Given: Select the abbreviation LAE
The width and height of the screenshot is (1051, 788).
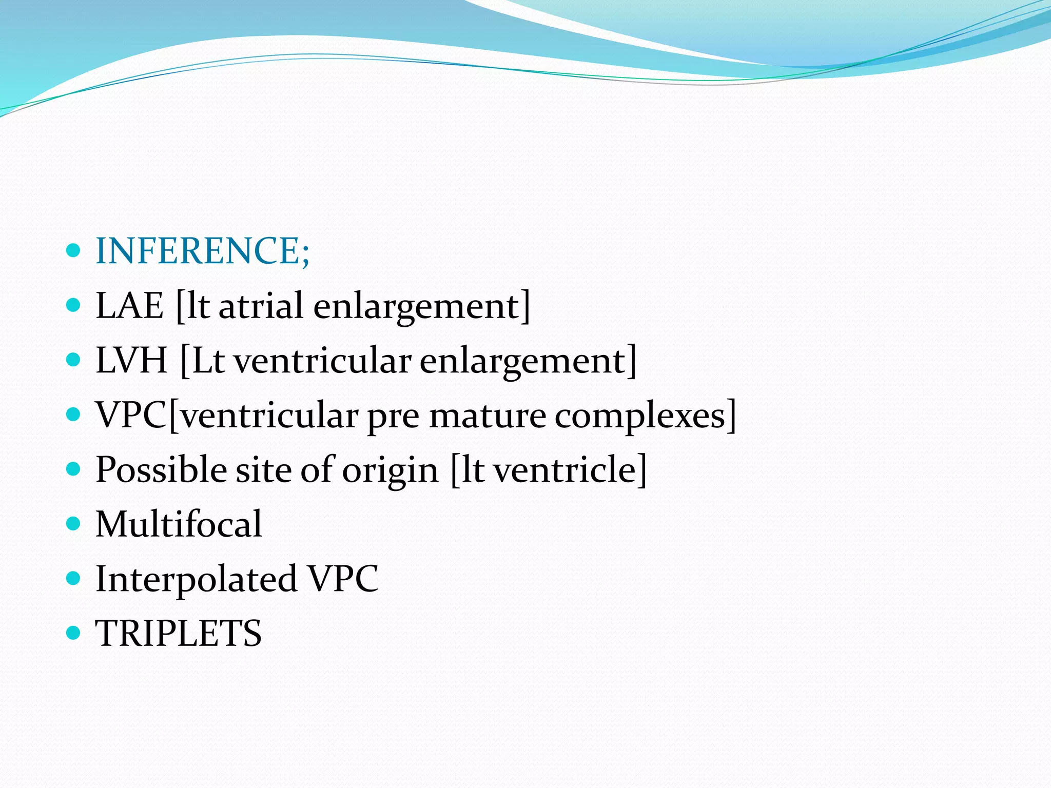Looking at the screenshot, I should pos(130,306).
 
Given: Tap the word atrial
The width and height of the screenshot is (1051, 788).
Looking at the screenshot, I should pos(261,306).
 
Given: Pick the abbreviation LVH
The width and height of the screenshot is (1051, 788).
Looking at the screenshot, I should pos(132,360).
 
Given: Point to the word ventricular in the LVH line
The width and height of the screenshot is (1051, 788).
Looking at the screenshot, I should pos(322,360).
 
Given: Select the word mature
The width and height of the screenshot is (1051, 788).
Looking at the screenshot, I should pos(487,416).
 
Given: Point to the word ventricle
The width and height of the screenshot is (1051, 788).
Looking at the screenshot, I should pos(565,469).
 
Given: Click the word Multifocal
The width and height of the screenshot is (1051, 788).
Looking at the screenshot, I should pos(179,524).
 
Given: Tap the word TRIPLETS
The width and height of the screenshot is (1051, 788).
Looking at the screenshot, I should pos(179,633).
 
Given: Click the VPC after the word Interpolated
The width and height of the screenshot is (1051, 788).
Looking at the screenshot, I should pos(342,579).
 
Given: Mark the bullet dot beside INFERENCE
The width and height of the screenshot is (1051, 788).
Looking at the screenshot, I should pos(74,250).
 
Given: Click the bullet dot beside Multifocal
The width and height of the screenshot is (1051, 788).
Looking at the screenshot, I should pos(74,524).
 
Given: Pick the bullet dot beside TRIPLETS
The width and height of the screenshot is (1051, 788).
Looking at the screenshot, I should pos(74,633).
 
